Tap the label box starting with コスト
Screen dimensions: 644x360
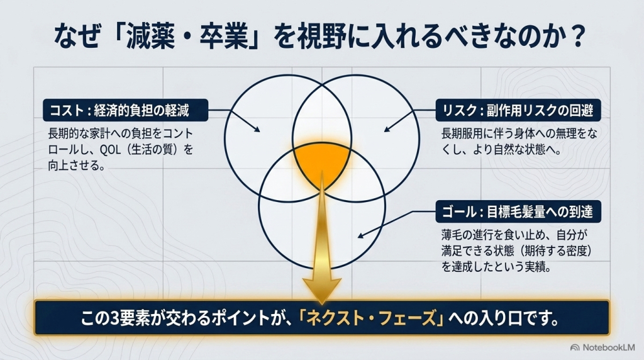(125, 110)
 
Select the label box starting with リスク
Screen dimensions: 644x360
(518, 110)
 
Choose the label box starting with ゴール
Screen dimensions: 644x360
(518, 211)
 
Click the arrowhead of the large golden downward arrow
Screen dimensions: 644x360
(322, 291)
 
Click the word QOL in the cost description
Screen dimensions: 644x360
(110, 150)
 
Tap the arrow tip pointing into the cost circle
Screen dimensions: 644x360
(259, 131)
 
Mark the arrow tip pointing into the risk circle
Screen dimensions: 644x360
(385, 131)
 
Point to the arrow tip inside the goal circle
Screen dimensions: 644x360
(358, 237)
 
